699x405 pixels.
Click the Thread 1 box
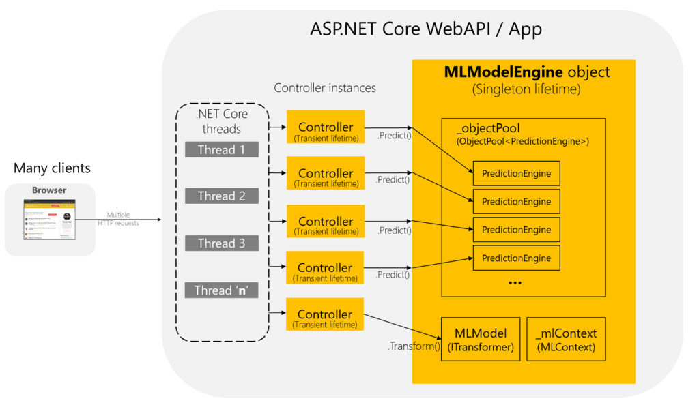pyautogui.click(x=221, y=149)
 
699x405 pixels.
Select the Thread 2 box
pyautogui.click(x=221, y=196)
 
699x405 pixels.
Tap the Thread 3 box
pyautogui.click(x=221, y=243)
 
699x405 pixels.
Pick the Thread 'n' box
pyautogui.click(x=221, y=290)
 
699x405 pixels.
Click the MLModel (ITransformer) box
pyautogui.click(x=481, y=340)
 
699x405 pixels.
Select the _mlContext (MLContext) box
pyautogui.click(x=566, y=340)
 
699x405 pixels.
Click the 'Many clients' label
pyautogui.click(x=52, y=168)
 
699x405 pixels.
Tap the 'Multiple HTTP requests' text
pyautogui.click(x=123, y=219)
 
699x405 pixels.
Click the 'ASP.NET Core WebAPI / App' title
pyautogui.click(x=427, y=29)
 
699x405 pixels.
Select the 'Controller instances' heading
pyautogui.click(x=325, y=88)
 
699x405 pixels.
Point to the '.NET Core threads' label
pyautogui.click(x=222, y=121)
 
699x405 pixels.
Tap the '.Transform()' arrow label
pyautogui.click(x=414, y=346)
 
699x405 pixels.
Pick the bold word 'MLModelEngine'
pyautogui.click(x=503, y=72)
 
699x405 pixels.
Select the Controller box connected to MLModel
pyautogui.click(x=325, y=318)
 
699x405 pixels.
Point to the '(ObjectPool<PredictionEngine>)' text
pyautogui.click(x=522, y=142)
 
